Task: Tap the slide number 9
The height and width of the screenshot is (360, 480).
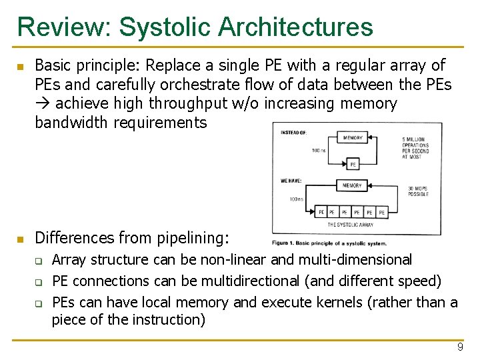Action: [x=460, y=347]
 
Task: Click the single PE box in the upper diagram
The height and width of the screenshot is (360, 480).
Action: [x=353, y=163]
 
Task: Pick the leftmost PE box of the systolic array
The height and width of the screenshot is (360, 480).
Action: [x=322, y=212]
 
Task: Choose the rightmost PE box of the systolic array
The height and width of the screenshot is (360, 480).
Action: [x=381, y=212]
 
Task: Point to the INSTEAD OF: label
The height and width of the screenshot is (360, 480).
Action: [x=294, y=133]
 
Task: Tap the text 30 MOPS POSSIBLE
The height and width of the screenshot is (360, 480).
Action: [x=418, y=191]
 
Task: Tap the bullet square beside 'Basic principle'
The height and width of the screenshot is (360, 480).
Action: [x=20, y=67]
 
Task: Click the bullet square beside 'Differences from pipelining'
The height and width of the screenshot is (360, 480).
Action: [x=20, y=239]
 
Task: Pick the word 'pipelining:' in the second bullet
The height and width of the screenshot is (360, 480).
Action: [x=194, y=237]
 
